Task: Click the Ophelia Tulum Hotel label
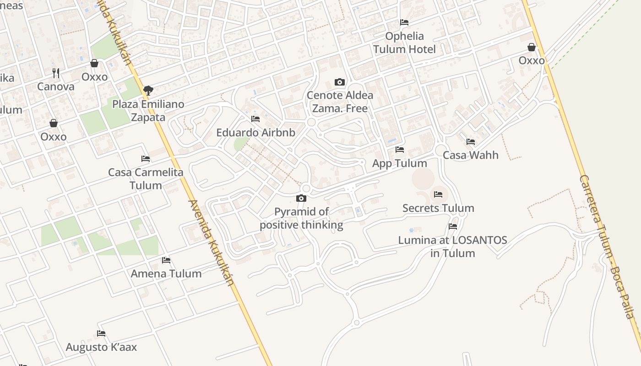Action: click(404, 43)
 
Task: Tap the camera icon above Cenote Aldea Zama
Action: click(340, 82)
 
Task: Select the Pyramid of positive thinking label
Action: click(301, 218)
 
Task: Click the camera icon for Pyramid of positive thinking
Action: click(301, 198)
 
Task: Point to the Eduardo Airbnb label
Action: click(255, 133)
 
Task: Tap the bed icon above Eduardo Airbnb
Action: click(255, 119)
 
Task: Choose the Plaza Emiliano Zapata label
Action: click(148, 111)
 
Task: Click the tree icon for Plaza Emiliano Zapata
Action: click(148, 91)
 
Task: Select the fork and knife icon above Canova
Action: click(56, 73)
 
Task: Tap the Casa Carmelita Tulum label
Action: click(146, 179)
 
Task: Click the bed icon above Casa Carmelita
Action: click(146, 159)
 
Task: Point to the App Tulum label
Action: click(400, 163)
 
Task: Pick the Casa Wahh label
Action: click(471, 155)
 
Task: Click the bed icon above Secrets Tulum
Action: click(438, 194)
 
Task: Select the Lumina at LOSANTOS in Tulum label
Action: click(453, 247)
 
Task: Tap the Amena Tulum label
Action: click(166, 274)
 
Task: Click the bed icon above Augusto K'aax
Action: click(101, 334)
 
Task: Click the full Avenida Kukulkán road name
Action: click(212, 242)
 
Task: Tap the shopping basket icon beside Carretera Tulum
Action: click(532, 47)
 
